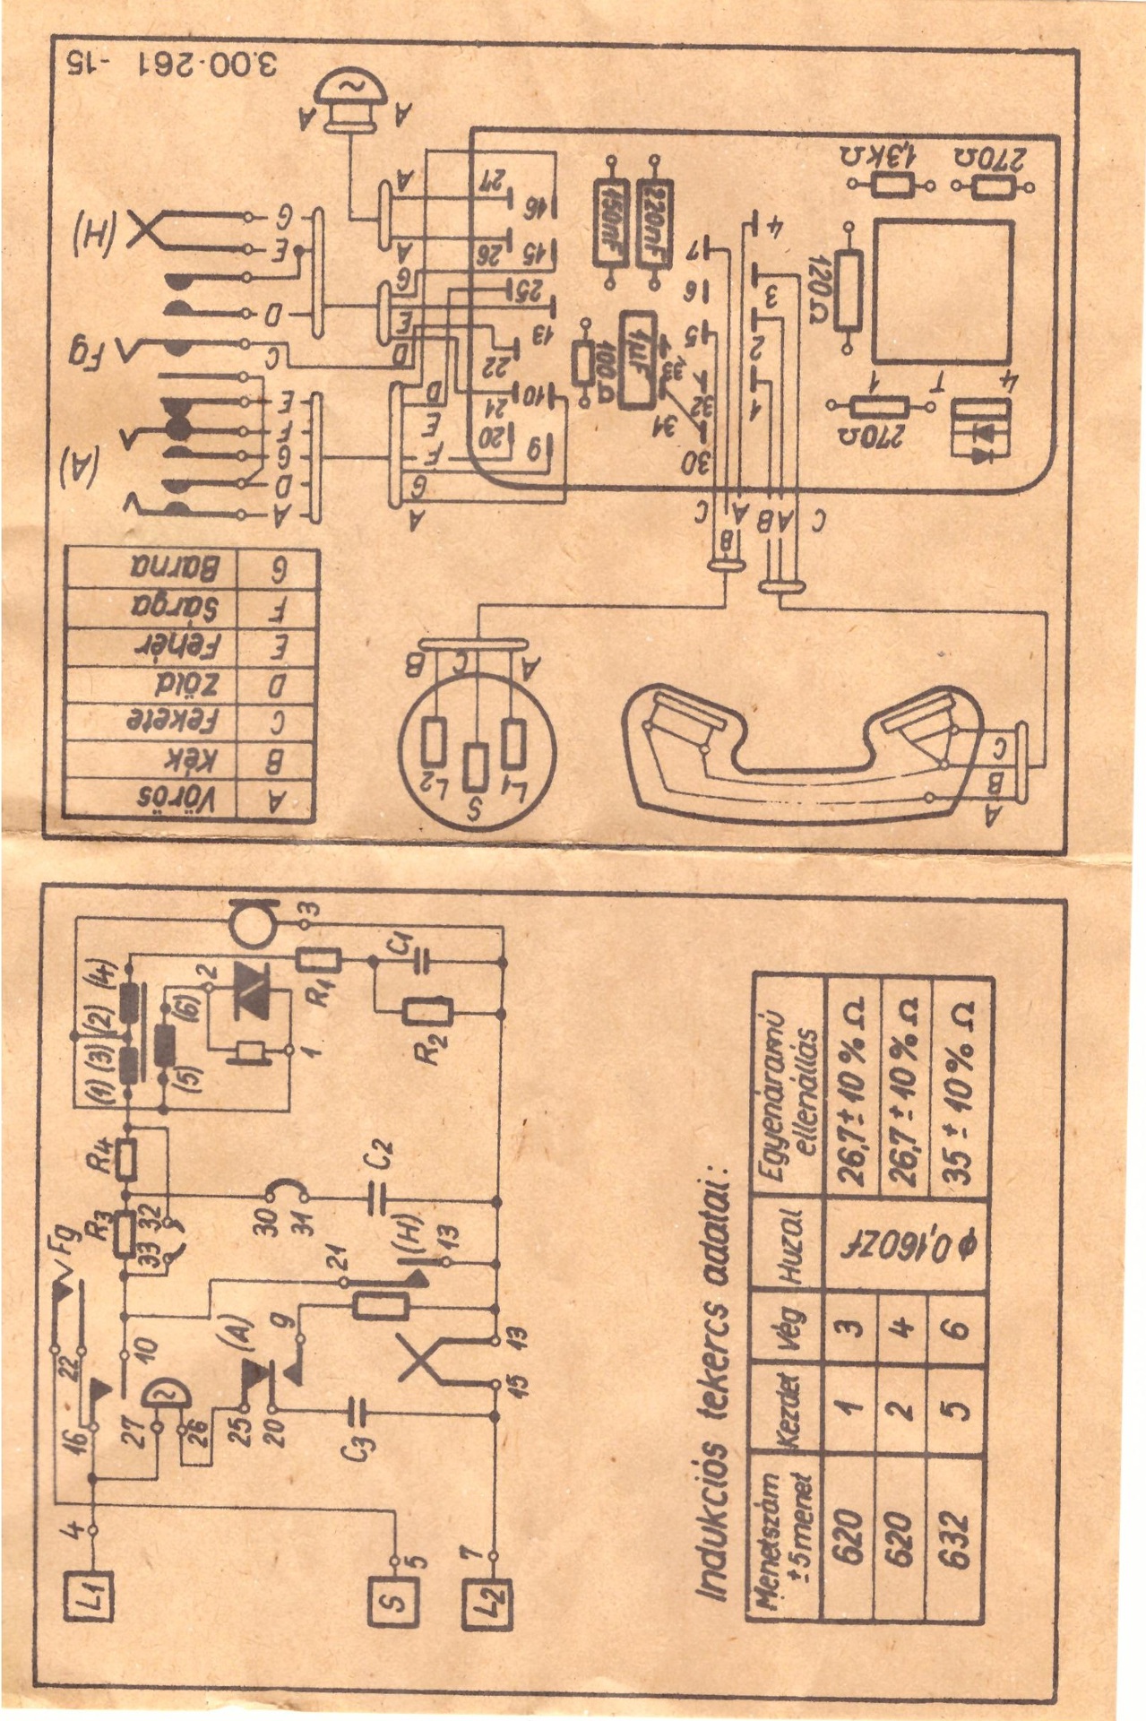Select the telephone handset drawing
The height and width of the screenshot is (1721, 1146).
[x=806, y=744]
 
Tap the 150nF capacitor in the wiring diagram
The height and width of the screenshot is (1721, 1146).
[x=614, y=224]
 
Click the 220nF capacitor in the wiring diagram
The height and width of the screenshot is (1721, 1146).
[x=653, y=224]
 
